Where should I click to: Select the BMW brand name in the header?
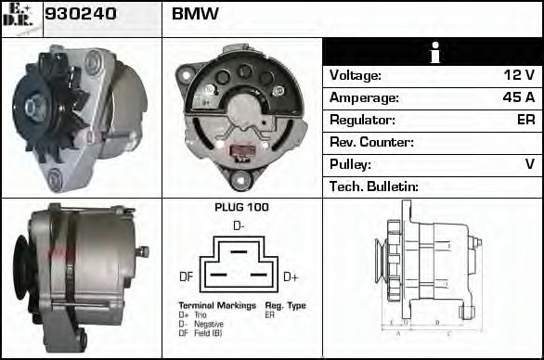[x=195, y=15]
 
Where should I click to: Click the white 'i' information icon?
[x=433, y=53]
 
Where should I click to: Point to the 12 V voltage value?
[x=517, y=75]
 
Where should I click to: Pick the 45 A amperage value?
[x=517, y=97]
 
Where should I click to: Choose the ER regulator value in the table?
[x=525, y=120]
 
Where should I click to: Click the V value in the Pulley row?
[x=529, y=164]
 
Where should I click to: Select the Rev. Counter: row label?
[x=371, y=142]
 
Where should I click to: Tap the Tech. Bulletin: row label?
[x=374, y=186]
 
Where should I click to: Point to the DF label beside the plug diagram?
[x=186, y=276]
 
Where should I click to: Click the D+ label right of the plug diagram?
[x=290, y=276]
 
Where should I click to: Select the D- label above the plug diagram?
[x=239, y=225]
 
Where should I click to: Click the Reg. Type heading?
[x=285, y=305]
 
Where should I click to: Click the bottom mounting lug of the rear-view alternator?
[x=241, y=182]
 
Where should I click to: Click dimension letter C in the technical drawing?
[x=449, y=331]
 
